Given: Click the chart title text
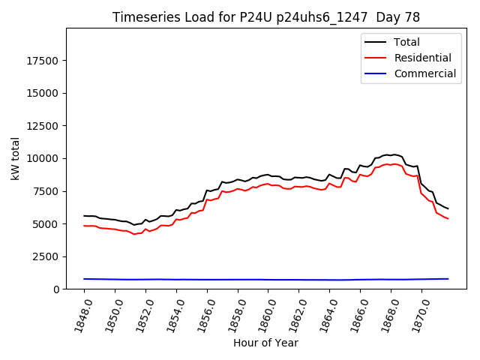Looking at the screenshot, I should [x=266, y=17].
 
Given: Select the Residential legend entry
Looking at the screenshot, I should [x=422, y=58].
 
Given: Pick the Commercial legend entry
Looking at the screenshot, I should [x=424, y=73].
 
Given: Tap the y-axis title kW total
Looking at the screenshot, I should [x=16, y=158].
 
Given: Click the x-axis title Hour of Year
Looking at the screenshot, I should [x=265, y=343].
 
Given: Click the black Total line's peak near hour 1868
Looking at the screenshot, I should [x=394, y=154].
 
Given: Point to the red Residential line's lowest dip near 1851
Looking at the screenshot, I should [x=134, y=235].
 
